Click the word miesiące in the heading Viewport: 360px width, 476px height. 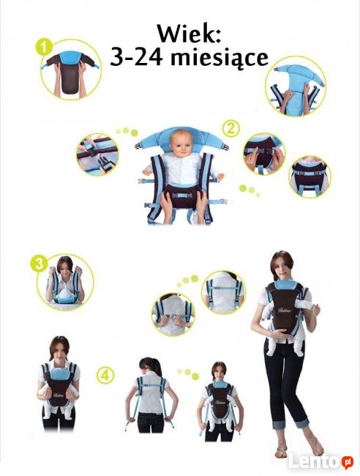point(220,58)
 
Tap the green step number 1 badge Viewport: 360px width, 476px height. point(44,47)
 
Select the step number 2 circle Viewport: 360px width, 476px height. point(230,129)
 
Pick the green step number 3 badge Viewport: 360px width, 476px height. point(39,264)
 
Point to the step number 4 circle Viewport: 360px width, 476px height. point(105,375)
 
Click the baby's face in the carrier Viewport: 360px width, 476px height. point(181,144)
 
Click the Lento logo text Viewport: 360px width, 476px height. point(313,461)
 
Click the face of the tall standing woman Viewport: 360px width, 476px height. point(282,268)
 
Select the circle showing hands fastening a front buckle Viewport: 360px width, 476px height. point(263,154)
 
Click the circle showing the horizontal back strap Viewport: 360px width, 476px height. point(223,292)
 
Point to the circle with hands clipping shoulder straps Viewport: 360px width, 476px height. point(173,314)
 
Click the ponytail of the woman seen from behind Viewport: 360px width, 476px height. point(154,368)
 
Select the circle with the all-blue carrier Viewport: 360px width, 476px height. point(296,86)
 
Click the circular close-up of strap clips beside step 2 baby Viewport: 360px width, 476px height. point(97,155)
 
